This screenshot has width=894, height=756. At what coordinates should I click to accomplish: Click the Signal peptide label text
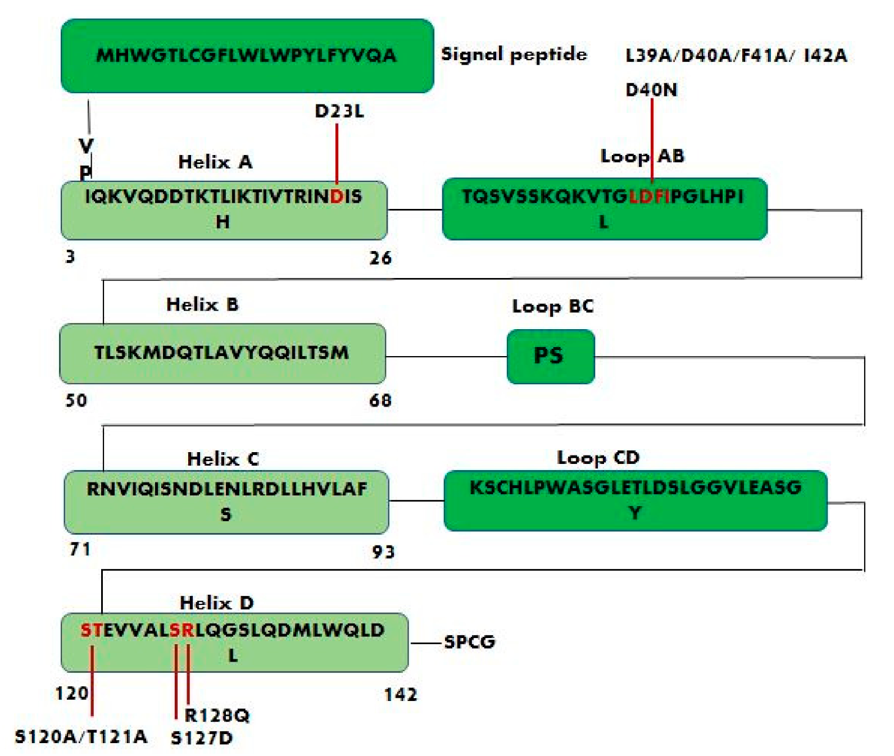[514, 54]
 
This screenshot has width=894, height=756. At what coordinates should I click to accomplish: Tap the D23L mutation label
[339, 111]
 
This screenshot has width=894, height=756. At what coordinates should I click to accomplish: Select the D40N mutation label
[651, 90]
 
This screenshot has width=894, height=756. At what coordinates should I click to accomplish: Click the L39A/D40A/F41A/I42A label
[736, 55]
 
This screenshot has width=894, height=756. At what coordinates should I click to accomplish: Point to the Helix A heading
[215, 162]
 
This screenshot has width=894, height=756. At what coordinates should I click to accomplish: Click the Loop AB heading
[642, 156]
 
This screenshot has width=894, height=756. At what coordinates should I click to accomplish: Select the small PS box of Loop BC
[550, 356]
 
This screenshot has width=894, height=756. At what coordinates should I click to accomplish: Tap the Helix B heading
[202, 304]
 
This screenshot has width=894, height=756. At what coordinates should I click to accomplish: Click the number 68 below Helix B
[380, 400]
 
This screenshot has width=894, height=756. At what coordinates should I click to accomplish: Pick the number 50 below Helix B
[76, 400]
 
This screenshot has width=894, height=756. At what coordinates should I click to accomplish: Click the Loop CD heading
[598, 458]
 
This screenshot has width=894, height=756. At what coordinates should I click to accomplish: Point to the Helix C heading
[223, 459]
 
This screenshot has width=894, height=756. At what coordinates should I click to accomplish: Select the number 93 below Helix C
[383, 552]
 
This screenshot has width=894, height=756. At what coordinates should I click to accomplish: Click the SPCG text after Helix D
[470, 642]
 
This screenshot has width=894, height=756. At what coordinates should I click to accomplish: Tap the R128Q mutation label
[217, 715]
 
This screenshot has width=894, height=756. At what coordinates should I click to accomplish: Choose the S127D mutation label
[202, 737]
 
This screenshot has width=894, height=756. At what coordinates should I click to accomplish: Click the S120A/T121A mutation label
[81, 736]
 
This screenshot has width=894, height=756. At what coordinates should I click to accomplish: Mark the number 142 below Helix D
[401, 695]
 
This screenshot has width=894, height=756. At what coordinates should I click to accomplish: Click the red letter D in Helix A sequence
[337, 197]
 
